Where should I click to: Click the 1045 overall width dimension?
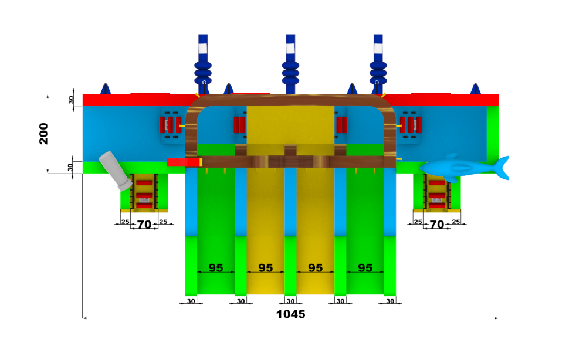tap(291, 314)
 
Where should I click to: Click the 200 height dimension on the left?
tap(43, 134)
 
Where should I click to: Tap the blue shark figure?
tap(465, 168)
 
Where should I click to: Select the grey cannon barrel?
tap(116, 171)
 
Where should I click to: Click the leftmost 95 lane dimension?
tap(216, 268)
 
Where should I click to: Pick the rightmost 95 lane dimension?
tap(365, 268)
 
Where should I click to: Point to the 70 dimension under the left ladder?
tap(144, 225)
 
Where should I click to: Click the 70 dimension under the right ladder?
tap(437, 225)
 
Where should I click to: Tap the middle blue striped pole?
tap(290, 64)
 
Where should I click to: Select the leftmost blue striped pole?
tap(203, 64)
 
